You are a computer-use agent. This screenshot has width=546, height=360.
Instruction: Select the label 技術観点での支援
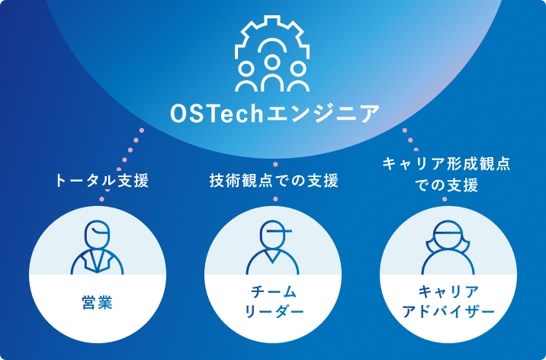(273, 181)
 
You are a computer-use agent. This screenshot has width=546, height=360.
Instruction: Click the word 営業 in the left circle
(97, 302)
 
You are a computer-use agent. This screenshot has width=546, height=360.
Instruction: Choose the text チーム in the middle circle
(273, 292)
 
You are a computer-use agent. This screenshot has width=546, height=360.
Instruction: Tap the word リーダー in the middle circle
(273, 312)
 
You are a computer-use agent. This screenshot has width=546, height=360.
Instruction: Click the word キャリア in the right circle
(446, 292)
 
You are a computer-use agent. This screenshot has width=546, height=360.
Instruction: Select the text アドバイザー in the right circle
(446, 312)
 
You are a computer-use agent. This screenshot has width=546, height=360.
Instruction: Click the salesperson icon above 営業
(97, 248)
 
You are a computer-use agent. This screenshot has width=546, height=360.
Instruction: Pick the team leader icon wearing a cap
(273, 248)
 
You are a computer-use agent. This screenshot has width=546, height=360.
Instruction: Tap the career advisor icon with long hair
(446, 248)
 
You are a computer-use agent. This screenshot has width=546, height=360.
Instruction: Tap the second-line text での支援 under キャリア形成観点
(446, 185)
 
